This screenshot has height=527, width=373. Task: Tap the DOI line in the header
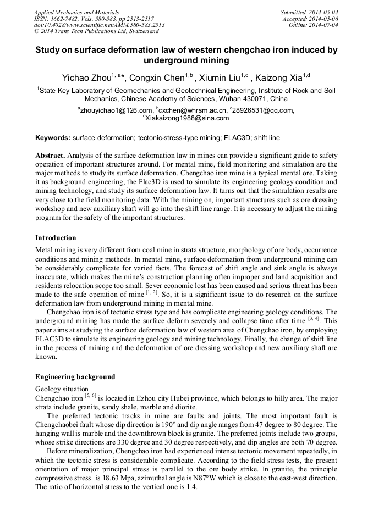tap(99, 25)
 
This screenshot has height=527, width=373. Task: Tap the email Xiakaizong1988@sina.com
tap(188, 118)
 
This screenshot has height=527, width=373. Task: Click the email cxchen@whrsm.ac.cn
tap(190, 110)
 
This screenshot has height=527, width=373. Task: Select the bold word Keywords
tap(53, 137)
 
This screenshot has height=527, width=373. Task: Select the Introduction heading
tap(56, 238)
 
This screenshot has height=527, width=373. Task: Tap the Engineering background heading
tap(75, 377)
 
